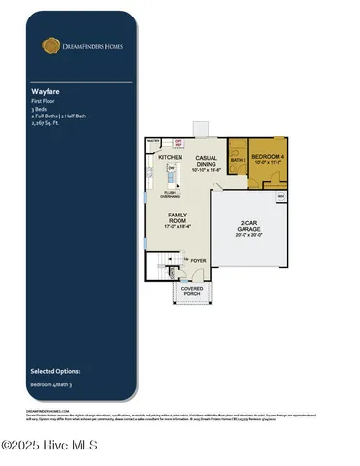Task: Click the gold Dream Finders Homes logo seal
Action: pyautogui.click(x=48, y=45)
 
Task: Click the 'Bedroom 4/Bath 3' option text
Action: pyautogui.click(x=51, y=385)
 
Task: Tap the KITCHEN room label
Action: pyautogui.click(x=171, y=157)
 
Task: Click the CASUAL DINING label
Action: pyautogui.click(x=206, y=161)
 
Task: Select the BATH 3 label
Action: pyautogui.click(x=239, y=161)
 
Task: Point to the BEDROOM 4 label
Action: pyautogui.click(x=269, y=157)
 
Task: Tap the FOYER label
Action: pyautogui.click(x=199, y=260)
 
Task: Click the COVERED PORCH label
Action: pyautogui.click(x=192, y=290)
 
